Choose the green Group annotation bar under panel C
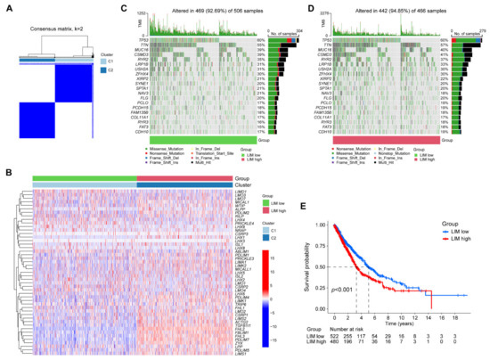click(204, 140)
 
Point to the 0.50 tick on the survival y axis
click(312, 266)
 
